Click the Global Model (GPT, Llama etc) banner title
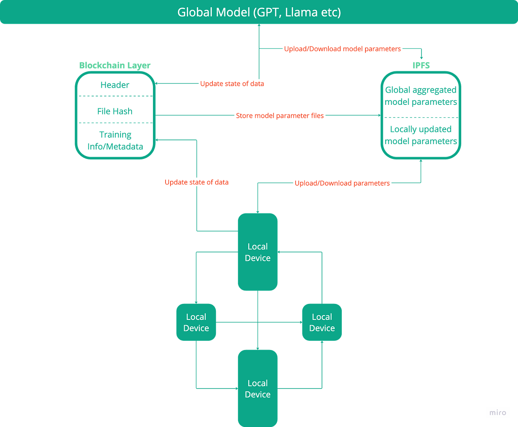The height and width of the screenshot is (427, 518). [259, 12]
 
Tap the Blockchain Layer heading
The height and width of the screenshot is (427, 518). [115, 65]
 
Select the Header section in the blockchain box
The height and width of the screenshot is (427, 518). [115, 85]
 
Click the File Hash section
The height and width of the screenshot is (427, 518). [115, 111]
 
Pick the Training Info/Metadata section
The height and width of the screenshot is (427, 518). [115, 140]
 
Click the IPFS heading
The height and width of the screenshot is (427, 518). [421, 65]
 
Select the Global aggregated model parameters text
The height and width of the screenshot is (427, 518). [421, 96]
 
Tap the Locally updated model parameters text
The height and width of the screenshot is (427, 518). [421, 135]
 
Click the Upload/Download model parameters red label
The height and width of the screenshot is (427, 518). [342, 49]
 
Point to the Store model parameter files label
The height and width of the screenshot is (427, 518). [280, 116]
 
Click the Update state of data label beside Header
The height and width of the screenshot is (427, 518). [232, 83]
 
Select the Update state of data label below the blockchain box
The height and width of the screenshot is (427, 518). [196, 182]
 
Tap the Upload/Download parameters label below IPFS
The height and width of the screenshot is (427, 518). [342, 183]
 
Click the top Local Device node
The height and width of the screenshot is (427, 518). [257, 252]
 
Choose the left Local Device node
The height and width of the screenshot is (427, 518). [196, 322]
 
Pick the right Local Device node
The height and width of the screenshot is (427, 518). [322, 322]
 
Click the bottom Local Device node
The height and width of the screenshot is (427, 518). [257, 388]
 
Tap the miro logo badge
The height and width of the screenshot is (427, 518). [497, 412]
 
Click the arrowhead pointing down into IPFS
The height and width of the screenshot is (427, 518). [421, 57]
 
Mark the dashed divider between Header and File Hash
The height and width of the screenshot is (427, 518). [115, 96]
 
